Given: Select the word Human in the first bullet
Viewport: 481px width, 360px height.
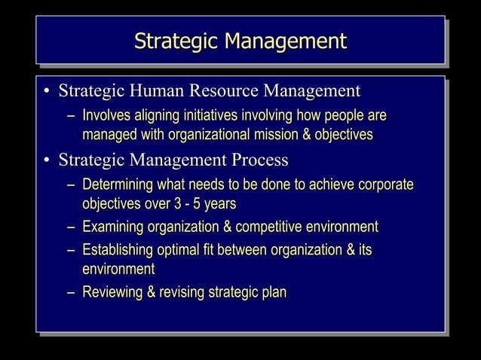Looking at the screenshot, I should click(155, 92).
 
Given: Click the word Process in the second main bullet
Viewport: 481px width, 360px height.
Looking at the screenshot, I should click(261, 160).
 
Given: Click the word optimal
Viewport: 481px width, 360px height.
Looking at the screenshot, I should click(183, 249).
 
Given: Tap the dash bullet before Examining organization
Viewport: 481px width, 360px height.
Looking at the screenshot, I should click(70, 227).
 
